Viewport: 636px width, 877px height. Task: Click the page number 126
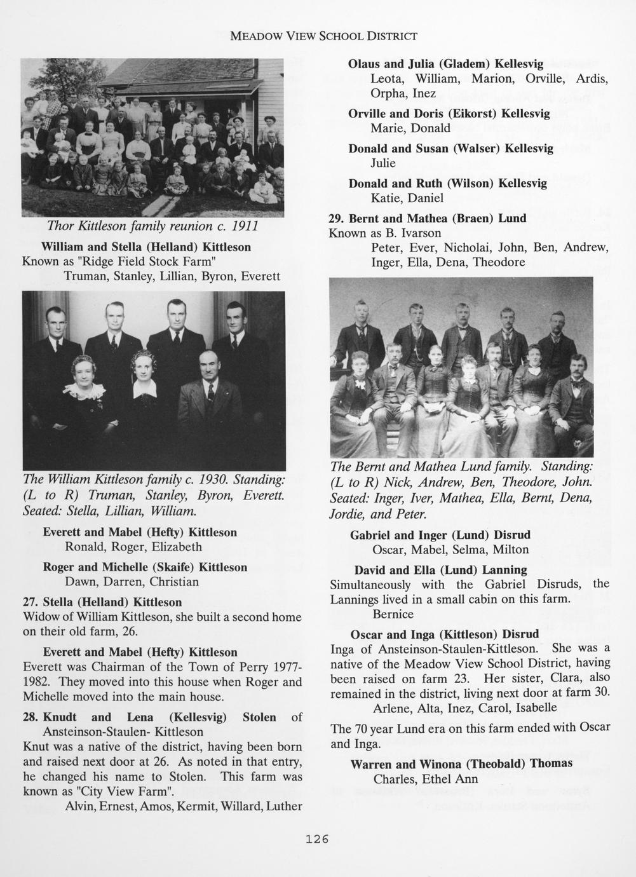(x=317, y=840)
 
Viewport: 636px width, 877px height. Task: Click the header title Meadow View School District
(x=323, y=36)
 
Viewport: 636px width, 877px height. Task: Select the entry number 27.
(x=30, y=602)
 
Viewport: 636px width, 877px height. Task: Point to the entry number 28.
(x=30, y=717)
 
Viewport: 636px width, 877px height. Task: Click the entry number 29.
(x=337, y=218)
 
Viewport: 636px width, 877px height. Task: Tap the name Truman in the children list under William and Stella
(x=85, y=276)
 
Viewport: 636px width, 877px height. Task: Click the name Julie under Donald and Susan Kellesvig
(x=383, y=163)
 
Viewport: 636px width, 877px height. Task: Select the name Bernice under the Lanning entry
(x=393, y=615)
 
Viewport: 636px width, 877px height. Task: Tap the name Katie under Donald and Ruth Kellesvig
(x=386, y=198)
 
